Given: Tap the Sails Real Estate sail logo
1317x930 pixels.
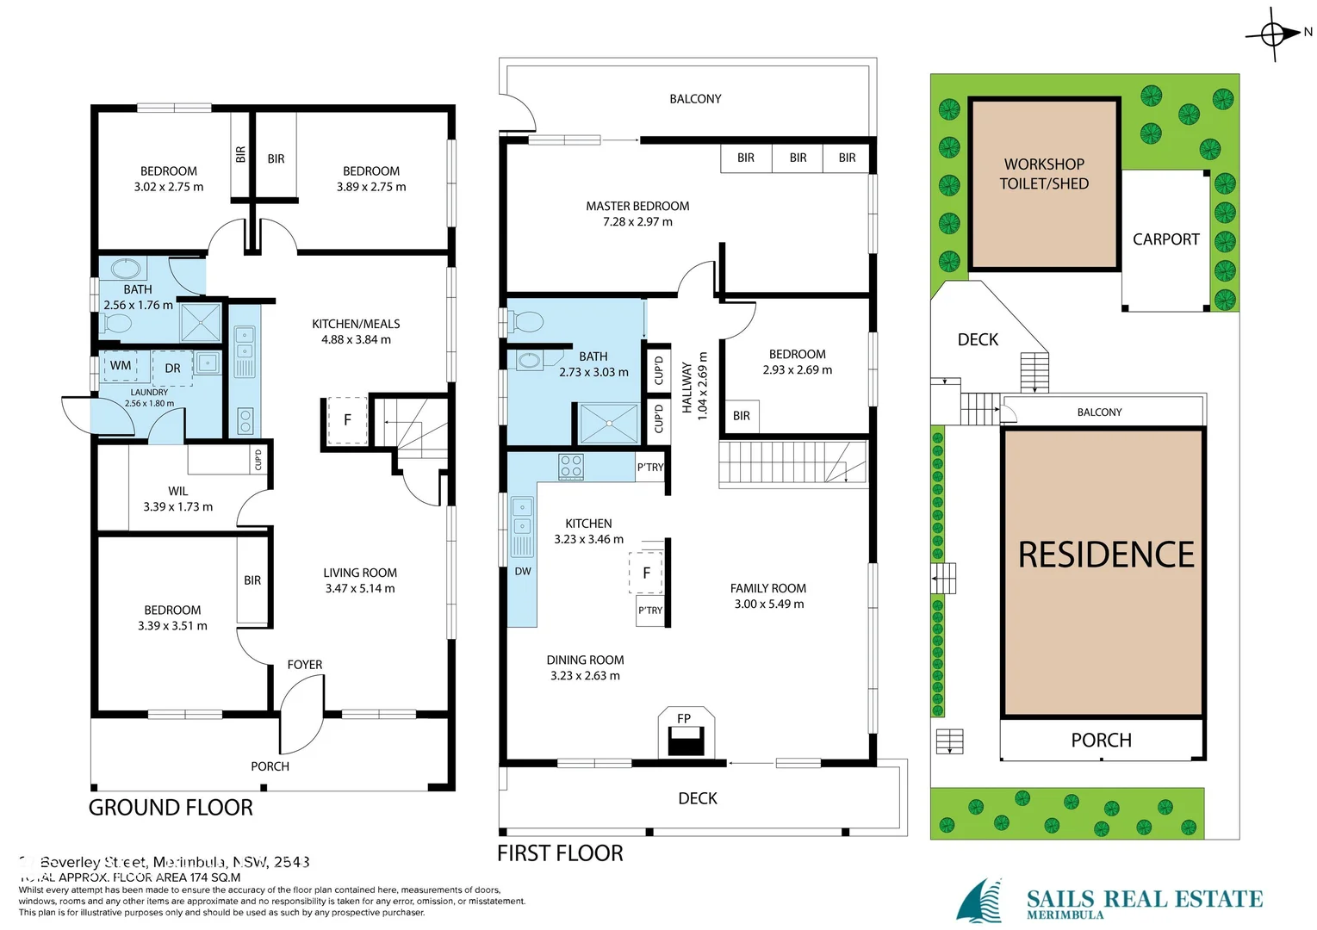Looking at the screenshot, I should tap(980, 902).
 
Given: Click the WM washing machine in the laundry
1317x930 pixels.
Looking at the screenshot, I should tap(121, 366).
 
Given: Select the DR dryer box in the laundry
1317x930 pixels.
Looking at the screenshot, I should tap(172, 368).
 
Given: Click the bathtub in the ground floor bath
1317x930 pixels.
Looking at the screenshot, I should tap(126, 268).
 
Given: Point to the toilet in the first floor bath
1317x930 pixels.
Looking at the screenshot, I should tap(526, 322).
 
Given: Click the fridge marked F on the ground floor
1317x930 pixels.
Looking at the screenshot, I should tap(347, 420).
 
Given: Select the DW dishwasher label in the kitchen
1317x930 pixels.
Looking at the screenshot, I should tap(523, 571).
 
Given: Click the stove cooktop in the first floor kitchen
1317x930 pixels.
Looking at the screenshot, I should tap(571, 467).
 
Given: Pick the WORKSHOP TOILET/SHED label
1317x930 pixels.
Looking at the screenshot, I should tap(1044, 174).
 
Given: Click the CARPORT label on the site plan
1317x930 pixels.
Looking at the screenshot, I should tap(1165, 239).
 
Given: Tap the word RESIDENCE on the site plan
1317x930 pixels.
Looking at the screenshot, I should tap(1106, 555).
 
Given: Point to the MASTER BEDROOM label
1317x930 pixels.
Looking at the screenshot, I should tap(637, 207).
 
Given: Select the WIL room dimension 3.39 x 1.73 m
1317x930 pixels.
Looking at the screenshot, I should tap(177, 507).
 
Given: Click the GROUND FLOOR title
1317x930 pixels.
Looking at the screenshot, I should tap(171, 808).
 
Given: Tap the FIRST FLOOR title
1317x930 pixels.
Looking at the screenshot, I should tap(560, 853).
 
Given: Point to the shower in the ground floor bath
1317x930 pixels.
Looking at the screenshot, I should tap(201, 322).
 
